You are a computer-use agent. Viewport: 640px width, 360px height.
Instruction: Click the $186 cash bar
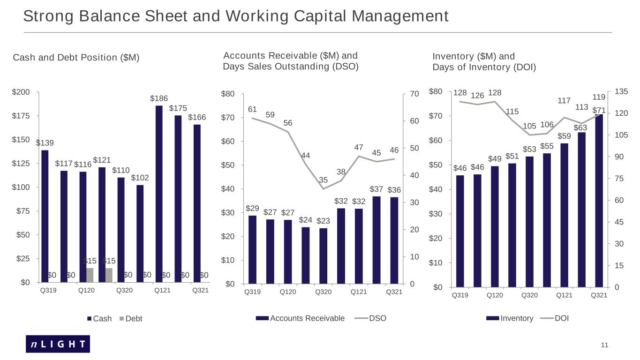tap(159, 194)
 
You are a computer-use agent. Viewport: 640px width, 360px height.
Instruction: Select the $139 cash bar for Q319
tap(45, 216)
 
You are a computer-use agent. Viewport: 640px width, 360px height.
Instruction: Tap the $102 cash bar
tap(140, 234)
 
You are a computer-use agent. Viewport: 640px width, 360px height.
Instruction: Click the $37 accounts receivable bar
tap(376, 240)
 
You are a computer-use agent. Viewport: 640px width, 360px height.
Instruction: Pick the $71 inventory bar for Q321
tap(599, 201)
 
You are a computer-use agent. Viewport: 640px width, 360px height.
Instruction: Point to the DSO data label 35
tap(323, 180)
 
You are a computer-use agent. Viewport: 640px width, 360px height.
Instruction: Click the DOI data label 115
tap(512, 112)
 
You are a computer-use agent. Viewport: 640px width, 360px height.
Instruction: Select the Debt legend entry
tap(131, 319)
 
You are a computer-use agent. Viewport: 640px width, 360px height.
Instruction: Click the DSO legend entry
tap(370, 318)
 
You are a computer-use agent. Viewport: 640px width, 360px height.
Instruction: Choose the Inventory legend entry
tap(510, 318)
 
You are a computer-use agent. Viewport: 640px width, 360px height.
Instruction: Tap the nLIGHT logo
tap(58, 344)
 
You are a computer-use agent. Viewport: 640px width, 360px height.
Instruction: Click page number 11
tap(604, 345)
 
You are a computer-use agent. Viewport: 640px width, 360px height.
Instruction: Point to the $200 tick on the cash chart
tap(21, 92)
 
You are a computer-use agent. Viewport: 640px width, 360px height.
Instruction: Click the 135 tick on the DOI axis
tap(621, 92)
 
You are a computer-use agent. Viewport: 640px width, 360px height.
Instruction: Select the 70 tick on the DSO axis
tap(414, 94)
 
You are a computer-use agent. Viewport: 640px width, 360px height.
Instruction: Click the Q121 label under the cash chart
tap(162, 291)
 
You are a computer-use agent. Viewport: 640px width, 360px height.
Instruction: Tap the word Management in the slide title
tap(400, 16)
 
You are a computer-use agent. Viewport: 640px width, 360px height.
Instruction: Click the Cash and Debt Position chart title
tap(76, 58)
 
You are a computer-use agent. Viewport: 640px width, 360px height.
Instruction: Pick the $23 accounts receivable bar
tap(323, 256)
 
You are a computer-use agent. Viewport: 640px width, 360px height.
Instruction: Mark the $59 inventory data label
tap(564, 136)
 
